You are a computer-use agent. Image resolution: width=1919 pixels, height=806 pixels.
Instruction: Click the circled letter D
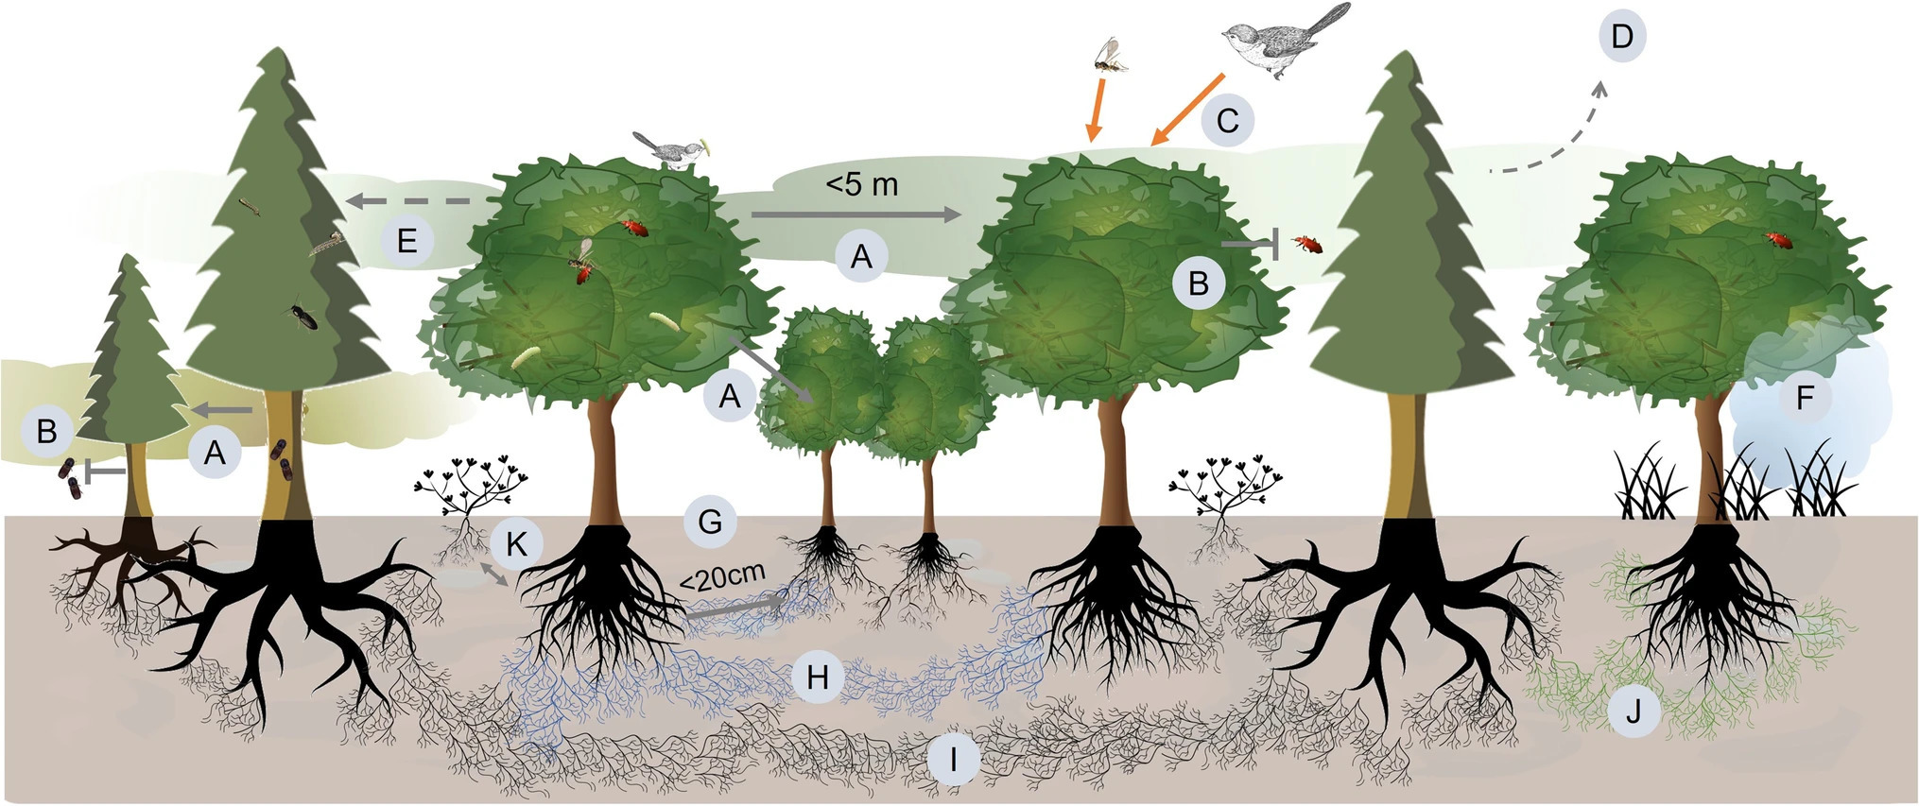pos(1622,37)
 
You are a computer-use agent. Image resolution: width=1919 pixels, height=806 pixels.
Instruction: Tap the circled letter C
pos(1227,120)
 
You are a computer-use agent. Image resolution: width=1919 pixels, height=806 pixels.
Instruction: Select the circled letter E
pos(406,241)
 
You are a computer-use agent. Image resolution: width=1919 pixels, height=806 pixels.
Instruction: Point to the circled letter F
pos(1804,398)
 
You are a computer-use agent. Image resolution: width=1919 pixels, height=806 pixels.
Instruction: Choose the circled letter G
pos(710,522)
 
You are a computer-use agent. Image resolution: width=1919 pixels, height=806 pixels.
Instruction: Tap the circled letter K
pos(516,543)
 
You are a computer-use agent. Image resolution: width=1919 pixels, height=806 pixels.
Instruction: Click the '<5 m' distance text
pos(861,184)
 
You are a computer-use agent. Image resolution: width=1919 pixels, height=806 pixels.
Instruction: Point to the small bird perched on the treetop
pos(669,149)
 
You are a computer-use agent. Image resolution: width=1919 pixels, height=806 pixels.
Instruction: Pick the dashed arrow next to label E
pos(422,200)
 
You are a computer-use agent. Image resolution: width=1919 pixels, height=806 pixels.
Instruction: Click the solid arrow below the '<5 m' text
pos(856,215)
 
